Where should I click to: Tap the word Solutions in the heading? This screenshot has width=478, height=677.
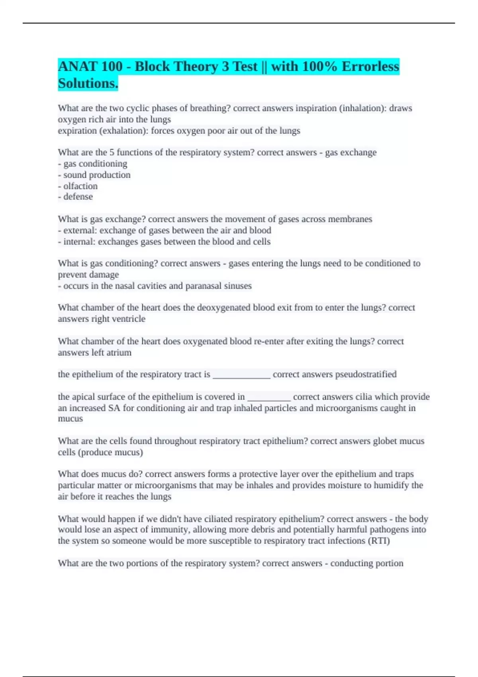[87, 83]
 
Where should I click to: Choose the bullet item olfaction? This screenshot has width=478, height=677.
[80, 186]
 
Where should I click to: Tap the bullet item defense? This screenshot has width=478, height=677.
[78, 197]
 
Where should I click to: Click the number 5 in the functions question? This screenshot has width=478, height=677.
[112, 153]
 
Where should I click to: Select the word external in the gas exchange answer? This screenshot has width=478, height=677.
[79, 230]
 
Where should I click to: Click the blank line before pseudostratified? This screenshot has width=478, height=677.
[241, 375]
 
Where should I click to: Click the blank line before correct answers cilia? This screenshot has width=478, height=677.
[269, 397]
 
